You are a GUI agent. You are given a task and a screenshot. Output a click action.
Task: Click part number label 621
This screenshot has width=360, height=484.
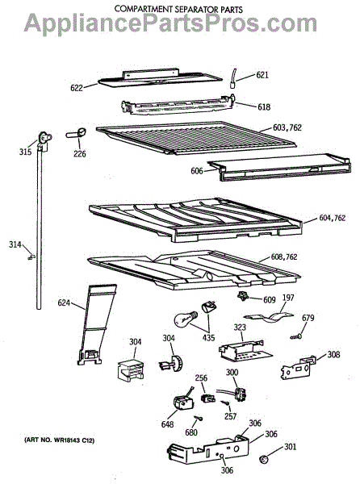[262, 75]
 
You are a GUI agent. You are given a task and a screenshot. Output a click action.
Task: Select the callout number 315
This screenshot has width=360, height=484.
[25, 152]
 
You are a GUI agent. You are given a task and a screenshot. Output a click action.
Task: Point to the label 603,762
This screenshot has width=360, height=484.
[287, 127]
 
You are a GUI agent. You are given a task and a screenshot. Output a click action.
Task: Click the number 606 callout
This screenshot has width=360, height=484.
[197, 171]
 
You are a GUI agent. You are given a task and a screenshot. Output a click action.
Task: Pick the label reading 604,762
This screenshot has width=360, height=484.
[333, 218]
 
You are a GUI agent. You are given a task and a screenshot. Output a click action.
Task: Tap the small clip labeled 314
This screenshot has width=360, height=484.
[31, 257]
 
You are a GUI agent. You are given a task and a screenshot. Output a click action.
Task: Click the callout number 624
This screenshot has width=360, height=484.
[64, 302]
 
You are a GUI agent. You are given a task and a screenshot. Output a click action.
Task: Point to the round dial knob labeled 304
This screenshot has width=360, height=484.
[172, 363]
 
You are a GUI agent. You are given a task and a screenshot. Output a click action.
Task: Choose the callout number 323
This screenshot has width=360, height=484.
[240, 327]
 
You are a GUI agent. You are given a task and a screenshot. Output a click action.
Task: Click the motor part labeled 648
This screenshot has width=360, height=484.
[182, 403]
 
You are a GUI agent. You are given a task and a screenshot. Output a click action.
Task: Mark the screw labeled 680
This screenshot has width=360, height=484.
[199, 418]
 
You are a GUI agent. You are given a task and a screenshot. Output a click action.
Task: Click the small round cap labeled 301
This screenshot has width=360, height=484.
[264, 459]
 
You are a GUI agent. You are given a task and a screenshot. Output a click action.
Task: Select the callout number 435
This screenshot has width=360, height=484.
[208, 337]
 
